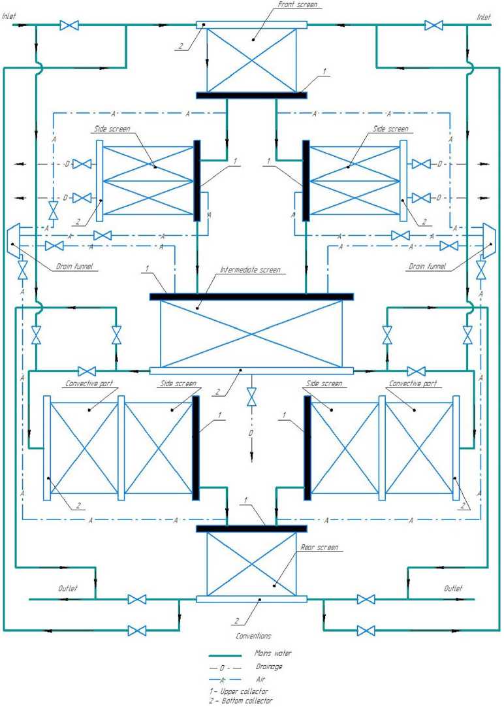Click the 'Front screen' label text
[298, 5]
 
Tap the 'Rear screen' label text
[319, 547]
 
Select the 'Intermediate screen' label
[250, 269]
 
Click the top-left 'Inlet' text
[10, 16]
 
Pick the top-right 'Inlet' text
[484, 16]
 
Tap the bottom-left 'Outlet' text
[68, 588]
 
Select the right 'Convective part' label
[412, 384]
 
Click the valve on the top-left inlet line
[69, 25]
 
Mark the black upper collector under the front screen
[251, 95]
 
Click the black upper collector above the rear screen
[251, 528]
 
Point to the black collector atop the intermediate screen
[251, 297]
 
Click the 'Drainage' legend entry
[268, 666]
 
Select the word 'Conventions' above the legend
[253, 635]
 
